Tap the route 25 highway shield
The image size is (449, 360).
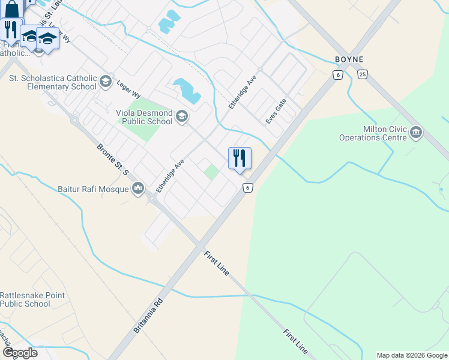coord(362,74)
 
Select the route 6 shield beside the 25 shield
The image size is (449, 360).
coord(339,74)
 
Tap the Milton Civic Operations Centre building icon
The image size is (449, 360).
coord(416,132)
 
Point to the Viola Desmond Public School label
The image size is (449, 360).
coord(144,117)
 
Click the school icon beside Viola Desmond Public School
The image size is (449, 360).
coord(182,116)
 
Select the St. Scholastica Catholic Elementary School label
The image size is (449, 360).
coord(53,82)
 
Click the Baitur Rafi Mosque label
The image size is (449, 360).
coord(93,190)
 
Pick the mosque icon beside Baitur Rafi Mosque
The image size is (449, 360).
coord(139,190)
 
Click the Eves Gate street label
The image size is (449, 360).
coord(276,112)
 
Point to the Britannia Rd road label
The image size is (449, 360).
coord(148,316)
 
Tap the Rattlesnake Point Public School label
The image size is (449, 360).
coord(32,299)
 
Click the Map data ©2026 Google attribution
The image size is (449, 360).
coord(412,355)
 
